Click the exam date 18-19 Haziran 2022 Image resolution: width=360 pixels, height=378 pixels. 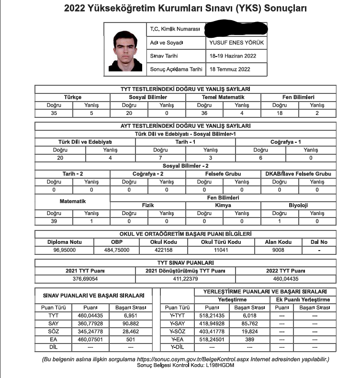233,56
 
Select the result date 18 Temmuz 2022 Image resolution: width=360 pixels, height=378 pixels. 230,69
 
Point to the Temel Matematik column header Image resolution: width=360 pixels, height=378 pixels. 223,97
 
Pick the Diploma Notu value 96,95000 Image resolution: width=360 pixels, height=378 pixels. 65,250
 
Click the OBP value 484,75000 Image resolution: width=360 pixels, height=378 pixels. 116,250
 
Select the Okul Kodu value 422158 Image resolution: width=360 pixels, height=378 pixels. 161,250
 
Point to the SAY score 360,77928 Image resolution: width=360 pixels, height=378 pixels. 87,324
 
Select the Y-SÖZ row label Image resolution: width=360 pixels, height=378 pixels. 178,332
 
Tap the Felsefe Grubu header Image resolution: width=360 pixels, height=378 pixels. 223,174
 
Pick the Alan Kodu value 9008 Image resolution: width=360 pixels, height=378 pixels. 278,250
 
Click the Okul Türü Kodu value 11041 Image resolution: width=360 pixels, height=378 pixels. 221,250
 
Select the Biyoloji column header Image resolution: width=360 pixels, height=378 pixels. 298,205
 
